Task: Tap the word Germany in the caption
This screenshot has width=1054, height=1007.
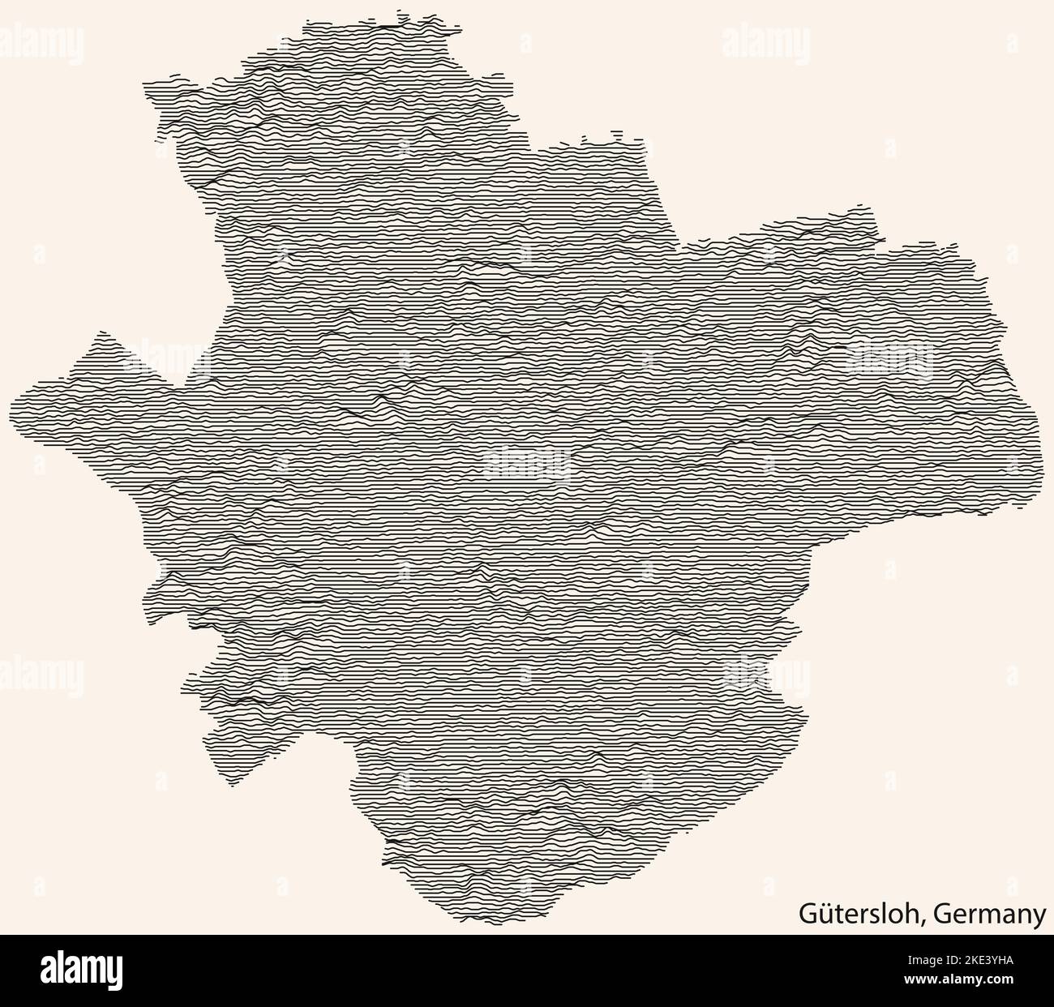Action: tap(989, 915)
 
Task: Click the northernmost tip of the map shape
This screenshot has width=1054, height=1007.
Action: tap(399, 11)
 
